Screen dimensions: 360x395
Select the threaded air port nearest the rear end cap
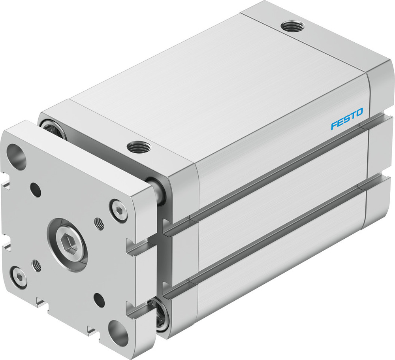click(292, 27)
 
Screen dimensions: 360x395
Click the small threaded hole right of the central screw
click(99, 224)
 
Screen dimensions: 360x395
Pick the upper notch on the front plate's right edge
click(136, 248)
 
